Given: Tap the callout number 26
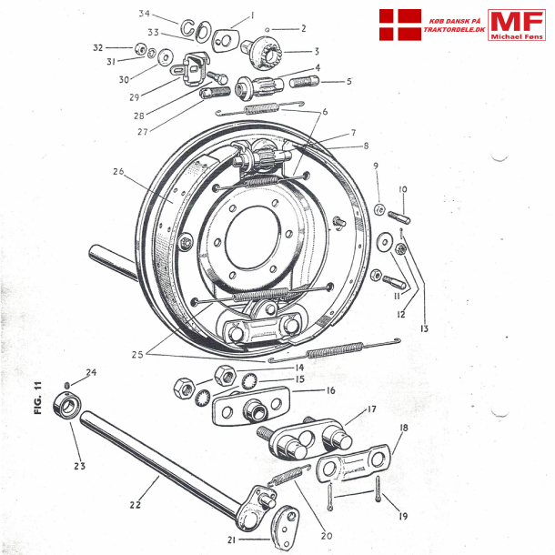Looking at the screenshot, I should tap(117, 171).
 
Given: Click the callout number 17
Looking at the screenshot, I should tap(370, 409).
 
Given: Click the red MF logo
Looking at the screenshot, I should tap(516, 25).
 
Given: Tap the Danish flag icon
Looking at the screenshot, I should tap(399, 24).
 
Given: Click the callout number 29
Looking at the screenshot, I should tap(159, 96).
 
